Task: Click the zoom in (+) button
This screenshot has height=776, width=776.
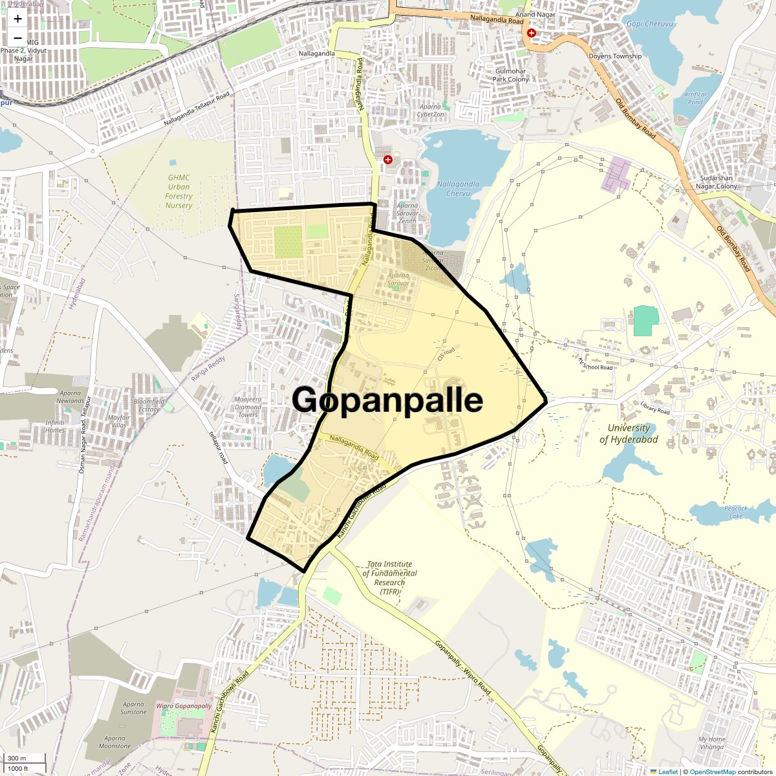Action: pyautogui.click(x=17, y=19)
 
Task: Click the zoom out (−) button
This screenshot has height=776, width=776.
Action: pyautogui.click(x=17, y=39)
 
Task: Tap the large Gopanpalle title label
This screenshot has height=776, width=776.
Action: pyautogui.click(x=387, y=400)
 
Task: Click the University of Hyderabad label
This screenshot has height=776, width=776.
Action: pyautogui.click(x=628, y=434)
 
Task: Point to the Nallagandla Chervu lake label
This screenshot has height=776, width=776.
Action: pyautogui.click(x=458, y=188)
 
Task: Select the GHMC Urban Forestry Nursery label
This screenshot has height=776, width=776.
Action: pyautogui.click(x=178, y=191)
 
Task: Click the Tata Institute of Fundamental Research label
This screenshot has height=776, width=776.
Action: pyautogui.click(x=389, y=577)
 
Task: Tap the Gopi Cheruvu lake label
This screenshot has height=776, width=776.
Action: pyautogui.click(x=649, y=24)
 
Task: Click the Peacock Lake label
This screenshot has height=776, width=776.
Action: pyautogui.click(x=736, y=512)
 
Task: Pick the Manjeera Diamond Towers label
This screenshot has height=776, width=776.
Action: pyautogui.click(x=248, y=407)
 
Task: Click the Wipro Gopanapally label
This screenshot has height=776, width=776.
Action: pyautogui.click(x=184, y=706)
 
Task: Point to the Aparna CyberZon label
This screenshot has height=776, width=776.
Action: pyautogui.click(x=430, y=111)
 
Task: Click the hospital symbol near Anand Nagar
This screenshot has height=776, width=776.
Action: pyautogui.click(x=532, y=33)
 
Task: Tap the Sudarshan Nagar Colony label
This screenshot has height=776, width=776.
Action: pyautogui.click(x=716, y=182)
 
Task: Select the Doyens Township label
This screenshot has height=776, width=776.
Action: pyautogui.click(x=615, y=56)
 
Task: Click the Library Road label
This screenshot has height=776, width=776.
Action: pyautogui.click(x=655, y=407)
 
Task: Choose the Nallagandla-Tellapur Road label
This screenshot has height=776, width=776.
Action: pyautogui.click(x=197, y=109)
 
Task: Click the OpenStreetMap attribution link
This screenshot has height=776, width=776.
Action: pyautogui.click(x=712, y=771)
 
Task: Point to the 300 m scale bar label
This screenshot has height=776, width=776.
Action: pyautogui.click(x=17, y=758)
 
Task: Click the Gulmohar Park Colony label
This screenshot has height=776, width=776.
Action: pyautogui.click(x=511, y=75)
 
